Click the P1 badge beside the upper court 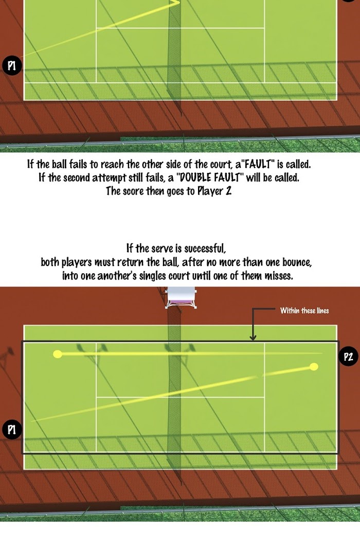[x=12, y=65]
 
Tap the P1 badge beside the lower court [x=12, y=430]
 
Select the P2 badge [x=348, y=357]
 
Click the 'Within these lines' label [x=304, y=311]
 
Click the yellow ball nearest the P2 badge [x=314, y=367]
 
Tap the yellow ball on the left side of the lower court [x=58, y=354]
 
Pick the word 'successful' [x=205, y=249]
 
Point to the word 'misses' [x=279, y=276]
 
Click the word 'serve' [x=166, y=249]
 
